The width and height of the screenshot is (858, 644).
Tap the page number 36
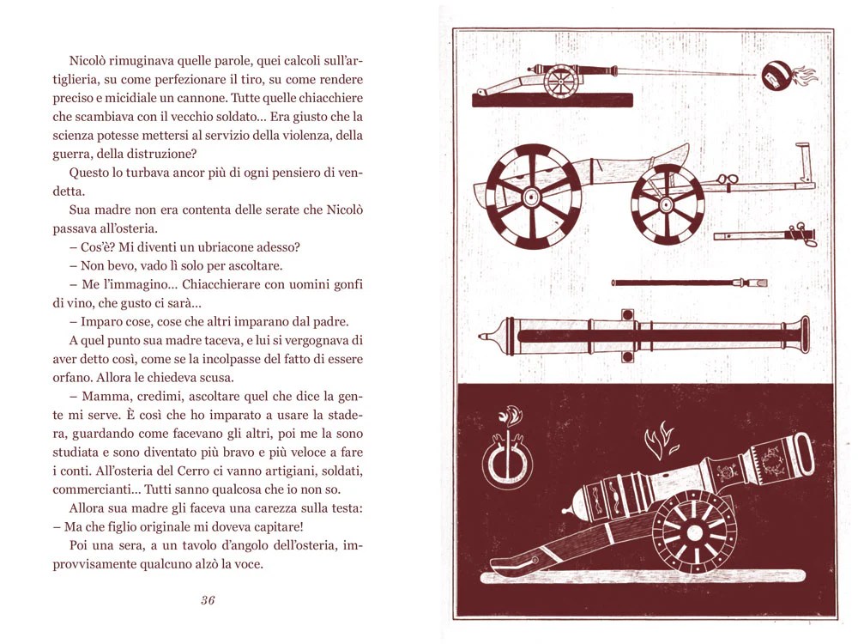point(207,599)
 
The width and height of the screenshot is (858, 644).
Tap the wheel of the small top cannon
point(561,81)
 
